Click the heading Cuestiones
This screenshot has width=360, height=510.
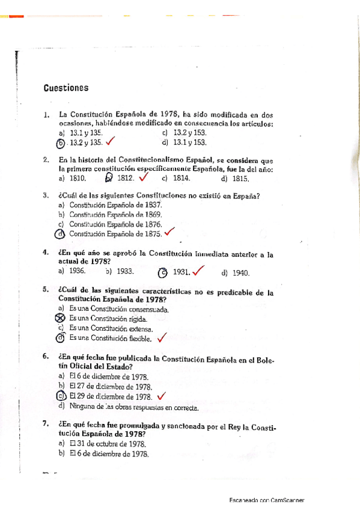click(x=66, y=88)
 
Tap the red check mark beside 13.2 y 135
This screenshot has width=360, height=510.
click(x=111, y=142)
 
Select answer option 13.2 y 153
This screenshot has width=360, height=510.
click(x=189, y=132)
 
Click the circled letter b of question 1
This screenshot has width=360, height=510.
click(x=60, y=143)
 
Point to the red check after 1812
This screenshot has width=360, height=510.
click(x=144, y=177)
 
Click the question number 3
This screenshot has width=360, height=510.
click(x=46, y=195)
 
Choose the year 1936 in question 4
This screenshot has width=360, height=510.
click(x=78, y=272)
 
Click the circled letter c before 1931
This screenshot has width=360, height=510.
click(x=162, y=272)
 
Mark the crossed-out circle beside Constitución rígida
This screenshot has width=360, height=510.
click(x=59, y=318)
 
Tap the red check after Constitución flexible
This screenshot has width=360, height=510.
click(x=161, y=338)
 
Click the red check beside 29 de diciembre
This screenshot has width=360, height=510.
click(x=160, y=396)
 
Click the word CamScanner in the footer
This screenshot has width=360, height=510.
click(x=287, y=500)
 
